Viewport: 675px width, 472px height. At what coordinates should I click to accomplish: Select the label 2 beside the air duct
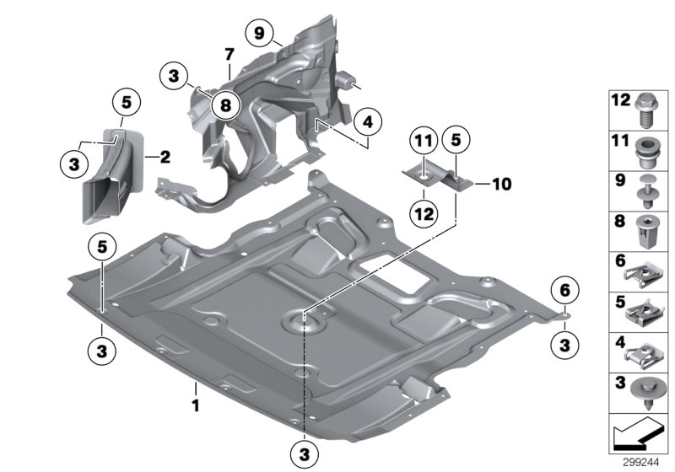(x=165, y=157)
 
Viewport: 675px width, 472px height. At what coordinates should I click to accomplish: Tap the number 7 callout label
(x=229, y=53)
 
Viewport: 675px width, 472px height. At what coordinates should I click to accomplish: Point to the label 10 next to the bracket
(x=502, y=182)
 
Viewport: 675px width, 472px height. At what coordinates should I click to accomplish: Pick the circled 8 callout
(x=225, y=105)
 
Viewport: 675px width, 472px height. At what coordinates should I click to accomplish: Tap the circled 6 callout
(x=564, y=291)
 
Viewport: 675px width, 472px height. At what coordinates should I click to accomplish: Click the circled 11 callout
(x=423, y=142)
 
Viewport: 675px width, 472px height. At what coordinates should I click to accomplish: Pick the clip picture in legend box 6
(x=645, y=271)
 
